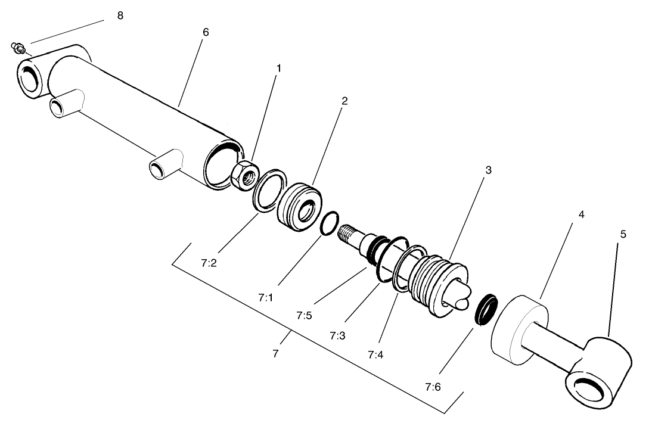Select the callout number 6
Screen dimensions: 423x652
tap(206, 32)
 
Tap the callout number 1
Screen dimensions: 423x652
tap(278, 68)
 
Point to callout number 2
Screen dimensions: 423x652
tap(344, 101)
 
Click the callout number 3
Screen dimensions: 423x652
tap(488, 170)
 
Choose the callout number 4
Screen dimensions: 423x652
tap(580, 214)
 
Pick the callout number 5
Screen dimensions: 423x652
tap(623, 234)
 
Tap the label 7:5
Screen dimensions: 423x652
tap(304, 315)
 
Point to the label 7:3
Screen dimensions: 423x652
tap(337, 335)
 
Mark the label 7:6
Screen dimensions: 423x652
tap(433, 387)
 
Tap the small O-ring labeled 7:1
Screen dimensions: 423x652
tap(330, 225)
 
